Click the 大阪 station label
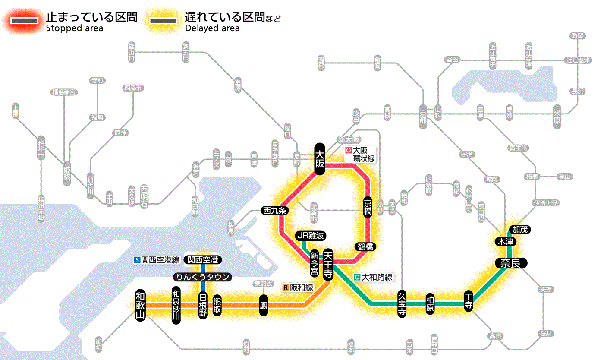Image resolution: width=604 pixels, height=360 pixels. (x=319, y=159)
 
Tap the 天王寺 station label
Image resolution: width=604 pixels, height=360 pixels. (x=328, y=264)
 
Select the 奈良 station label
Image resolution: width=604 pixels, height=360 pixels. (x=510, y=263)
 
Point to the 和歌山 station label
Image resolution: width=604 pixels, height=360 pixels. (x=141, y=305)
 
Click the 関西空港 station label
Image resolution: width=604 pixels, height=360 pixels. (x=203, y=260)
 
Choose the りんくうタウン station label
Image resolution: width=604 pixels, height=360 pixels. (x=202, y=277)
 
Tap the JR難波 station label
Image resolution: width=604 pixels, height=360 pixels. (x=311, y=236)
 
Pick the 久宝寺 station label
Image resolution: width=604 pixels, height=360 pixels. (x=402, y=304)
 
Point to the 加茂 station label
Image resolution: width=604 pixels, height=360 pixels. (x=520, y=229)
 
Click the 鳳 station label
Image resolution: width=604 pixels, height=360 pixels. (x=263, y=305)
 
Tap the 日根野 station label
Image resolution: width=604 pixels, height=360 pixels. (x=203, y=305)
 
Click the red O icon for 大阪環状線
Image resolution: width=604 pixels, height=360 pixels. (x=348, y=151)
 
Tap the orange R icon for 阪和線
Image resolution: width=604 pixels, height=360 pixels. (x=285, y=287)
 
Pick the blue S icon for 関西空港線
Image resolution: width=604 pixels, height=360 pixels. (x=137, y=260)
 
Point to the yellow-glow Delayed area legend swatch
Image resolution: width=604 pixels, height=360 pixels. (x=163, y=21)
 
